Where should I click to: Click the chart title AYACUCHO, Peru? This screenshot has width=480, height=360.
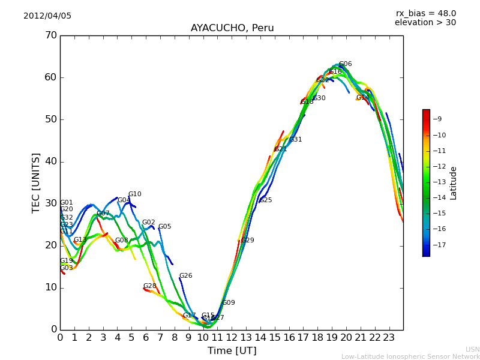click(x=232, y=28)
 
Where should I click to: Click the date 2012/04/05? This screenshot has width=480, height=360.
click(x=47, y=16)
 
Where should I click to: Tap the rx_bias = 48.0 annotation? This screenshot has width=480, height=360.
click(x=425, y=13)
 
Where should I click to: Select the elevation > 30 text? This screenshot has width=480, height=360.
click(x=425, y=23)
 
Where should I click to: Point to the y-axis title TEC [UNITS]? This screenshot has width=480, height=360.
click(x=36, y=182)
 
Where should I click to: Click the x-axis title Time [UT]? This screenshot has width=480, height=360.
click(x=232, y=351)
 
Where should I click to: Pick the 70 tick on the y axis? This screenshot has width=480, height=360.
click(x=50, y=35)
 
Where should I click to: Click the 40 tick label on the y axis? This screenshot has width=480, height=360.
click(x=50, y=161)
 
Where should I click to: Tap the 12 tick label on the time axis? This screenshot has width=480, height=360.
click(x=232, y=338)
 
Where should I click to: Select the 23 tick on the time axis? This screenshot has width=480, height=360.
click(x=389, y=338)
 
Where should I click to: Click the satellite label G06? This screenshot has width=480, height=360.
click(x=345, y=64)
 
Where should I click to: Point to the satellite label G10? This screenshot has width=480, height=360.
click(x=135, y=194)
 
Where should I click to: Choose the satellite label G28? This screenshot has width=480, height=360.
click(x=149, y=286)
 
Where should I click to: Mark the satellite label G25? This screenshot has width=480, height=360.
click(x=266, y=200)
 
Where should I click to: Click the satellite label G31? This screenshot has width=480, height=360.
click(x=296, y=140)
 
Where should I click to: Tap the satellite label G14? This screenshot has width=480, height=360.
click(x=362, y=98)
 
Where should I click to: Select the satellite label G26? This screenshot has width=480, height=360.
click(x=185, y=276)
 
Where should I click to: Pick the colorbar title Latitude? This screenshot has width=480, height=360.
click(x=454, y=183)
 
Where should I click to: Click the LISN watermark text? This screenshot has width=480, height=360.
click(x=472, y=349)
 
